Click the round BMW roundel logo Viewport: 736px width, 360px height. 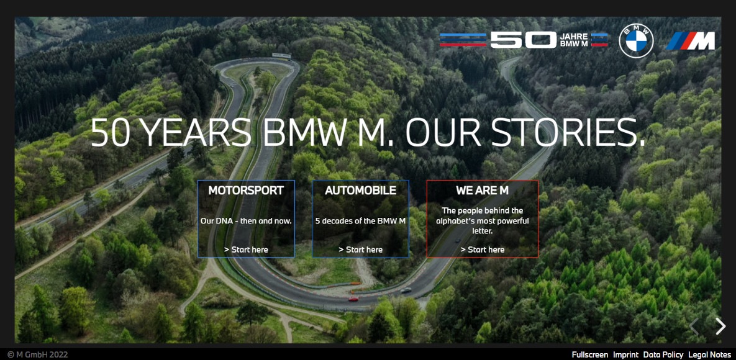point(636,41)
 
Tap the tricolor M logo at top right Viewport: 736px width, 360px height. point(691,41)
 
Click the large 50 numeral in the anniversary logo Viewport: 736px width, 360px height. point(523,40)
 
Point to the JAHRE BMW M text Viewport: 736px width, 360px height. point(574,40)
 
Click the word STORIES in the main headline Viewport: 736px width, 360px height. point(567,133)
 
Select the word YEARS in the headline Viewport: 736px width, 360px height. point(195,133)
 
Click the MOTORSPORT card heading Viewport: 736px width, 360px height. point(246,191)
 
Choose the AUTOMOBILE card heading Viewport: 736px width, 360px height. point(360,191)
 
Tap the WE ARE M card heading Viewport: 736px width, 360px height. point(482,191)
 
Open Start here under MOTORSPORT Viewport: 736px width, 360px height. point(246,250)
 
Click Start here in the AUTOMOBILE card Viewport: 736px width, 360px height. point(360,250)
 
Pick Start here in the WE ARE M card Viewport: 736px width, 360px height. point(482,250)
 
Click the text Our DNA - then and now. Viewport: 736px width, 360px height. point(246,220)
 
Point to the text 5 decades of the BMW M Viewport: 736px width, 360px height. point(360,220)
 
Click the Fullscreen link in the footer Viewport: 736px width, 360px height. point(589,354)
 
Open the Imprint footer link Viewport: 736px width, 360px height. point(625,354)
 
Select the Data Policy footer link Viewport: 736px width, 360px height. point(663,354)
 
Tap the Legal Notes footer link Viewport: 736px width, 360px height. point(709,354)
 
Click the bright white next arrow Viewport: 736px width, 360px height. point(720,326)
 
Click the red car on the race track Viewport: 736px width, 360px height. point(353,299)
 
